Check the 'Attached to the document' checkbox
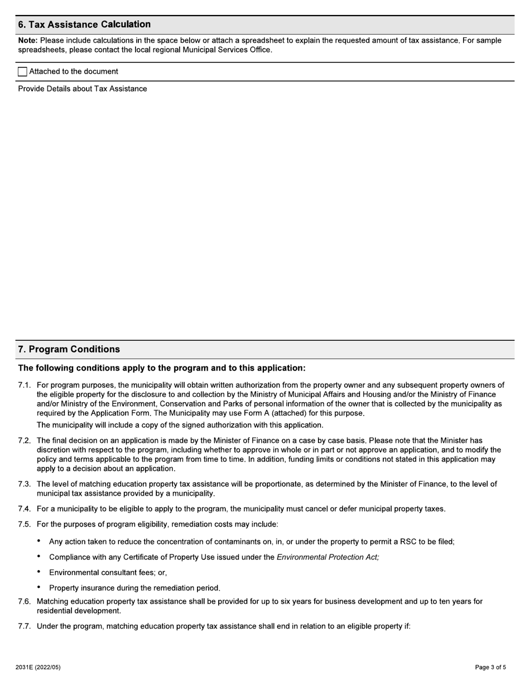[22, 72]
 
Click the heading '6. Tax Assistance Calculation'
[84, 25]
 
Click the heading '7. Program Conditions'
[69, 349]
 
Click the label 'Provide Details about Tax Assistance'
[83, 89]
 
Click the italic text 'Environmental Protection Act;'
[327, 557]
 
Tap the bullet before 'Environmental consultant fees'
[39, 572]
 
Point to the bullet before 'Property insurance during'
[39, 587]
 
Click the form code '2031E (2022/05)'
[38, 667]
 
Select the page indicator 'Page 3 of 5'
[490, 667]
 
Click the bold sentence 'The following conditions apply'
[162, 368]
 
